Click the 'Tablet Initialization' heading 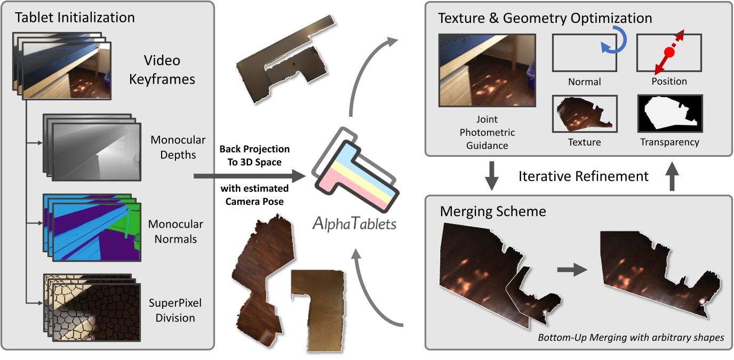pyautogui.click(x=75, y=17)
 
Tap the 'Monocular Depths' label pyautogui.click(x=178, y=148)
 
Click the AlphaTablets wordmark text pyautogui.click(x=354, y=223)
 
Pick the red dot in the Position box pyautogui.click(x=669, y=52)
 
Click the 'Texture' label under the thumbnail pyautogui.click(x=585, y=142)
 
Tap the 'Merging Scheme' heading pyautogui.click(x=492, y=211)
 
